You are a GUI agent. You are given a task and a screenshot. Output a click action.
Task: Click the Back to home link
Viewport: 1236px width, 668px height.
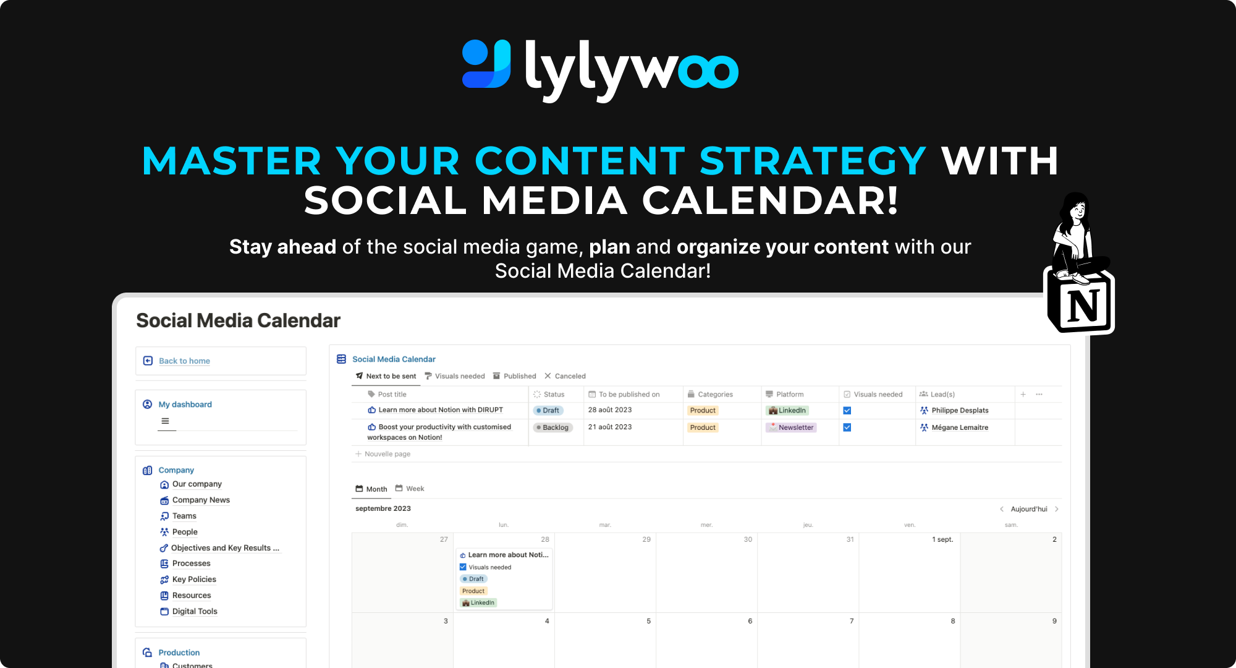coord(184,361)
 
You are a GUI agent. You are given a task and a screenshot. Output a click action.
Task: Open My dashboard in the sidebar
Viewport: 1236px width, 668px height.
coord(185,405)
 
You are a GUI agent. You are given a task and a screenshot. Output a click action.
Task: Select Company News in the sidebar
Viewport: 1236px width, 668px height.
coord(201,500)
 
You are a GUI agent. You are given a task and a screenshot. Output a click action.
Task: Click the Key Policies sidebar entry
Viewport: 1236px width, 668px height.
coord(194,580)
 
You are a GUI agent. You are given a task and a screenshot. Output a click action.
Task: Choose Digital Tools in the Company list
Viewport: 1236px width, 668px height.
coord(195,612)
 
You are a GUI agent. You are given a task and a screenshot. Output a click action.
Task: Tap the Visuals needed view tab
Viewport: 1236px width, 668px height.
coord(455,376)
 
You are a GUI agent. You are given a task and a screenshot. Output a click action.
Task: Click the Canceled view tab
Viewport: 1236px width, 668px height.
coord(565,376)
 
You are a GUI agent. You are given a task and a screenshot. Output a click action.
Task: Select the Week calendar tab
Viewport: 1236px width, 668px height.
coord(410,489)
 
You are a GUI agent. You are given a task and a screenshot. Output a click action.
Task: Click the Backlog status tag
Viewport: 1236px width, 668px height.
coord(552,427)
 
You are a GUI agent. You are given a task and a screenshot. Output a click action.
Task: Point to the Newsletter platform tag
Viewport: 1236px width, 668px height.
coord(791,427)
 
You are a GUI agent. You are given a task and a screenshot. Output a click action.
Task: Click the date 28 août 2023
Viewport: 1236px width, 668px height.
coord(610,410)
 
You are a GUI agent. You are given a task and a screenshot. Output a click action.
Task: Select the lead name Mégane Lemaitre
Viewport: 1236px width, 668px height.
coord(960,427)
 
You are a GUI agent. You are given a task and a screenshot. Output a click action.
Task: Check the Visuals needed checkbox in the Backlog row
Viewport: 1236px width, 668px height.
coord(847,427)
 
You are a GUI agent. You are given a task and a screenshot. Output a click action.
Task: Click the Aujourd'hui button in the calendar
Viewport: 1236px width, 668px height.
coord(1029,509)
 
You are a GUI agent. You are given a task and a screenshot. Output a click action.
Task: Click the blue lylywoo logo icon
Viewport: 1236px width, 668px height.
coord(487,64)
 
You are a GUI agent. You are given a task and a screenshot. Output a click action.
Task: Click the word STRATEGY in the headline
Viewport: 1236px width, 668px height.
coord(813,161)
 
